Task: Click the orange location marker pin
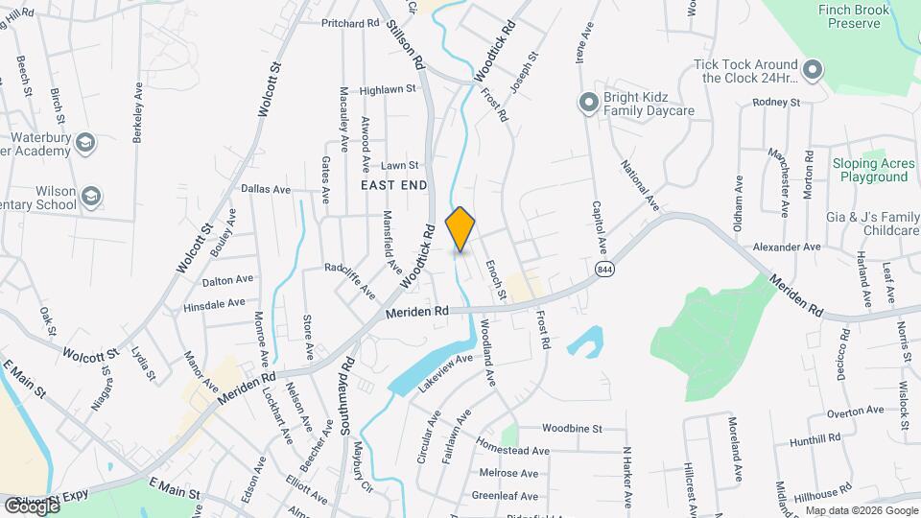click(460, 228)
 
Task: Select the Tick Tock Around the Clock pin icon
click(813, 69)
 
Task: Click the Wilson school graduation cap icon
click(92, 197)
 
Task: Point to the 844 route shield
click(603, 270)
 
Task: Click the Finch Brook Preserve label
click(850, 16)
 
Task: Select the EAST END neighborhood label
click(393, 183)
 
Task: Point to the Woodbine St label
click(571, 428)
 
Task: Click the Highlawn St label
click(387, 89)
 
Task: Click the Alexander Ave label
click(787, 247)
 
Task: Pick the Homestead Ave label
click(512, 450)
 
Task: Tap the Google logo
click(31, 506)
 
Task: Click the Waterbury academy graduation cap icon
click(84, 143)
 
